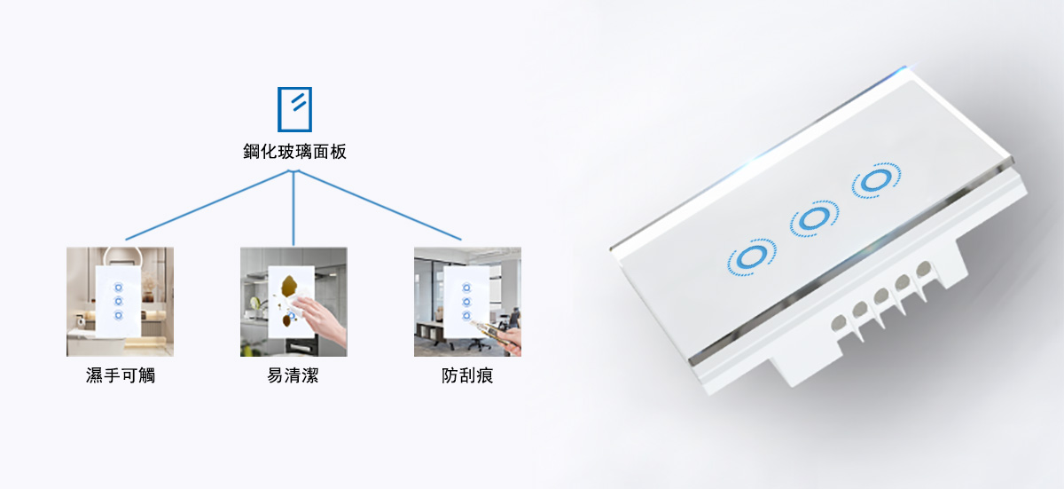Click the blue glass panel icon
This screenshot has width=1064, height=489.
pos(294,109)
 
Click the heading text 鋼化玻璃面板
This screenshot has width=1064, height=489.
pos(294,152)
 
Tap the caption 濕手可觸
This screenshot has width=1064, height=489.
pos(121,375)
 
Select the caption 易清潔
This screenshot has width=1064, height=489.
pos(293,375)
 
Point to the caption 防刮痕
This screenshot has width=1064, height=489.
pos(467,375)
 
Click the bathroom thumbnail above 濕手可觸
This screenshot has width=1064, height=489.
pos(121,302)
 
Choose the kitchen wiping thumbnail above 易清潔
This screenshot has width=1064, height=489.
pos(293,302)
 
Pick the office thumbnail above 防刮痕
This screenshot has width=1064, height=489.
pos(467,302)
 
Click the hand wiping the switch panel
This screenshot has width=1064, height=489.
pos(321,319)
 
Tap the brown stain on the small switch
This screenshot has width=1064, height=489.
pos(289,286)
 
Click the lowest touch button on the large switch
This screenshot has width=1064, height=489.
pos(752,257)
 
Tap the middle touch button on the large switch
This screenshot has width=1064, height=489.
pos(814,218)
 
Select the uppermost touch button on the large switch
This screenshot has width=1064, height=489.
pos(876,180)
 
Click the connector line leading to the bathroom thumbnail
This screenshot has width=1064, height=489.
pos(208,205)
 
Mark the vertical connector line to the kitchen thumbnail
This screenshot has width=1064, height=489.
pos(293,209)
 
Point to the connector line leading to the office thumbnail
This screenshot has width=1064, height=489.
pos(379,205)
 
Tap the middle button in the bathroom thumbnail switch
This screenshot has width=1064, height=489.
pos(118,301)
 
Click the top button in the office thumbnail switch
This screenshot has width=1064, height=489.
pos(466,288)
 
